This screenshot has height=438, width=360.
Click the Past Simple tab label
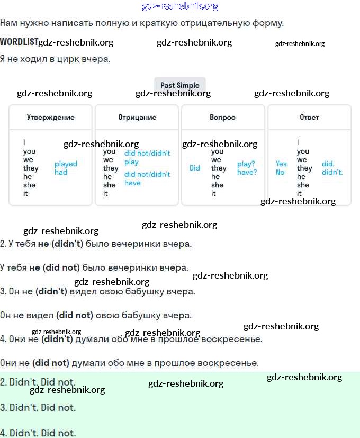tap(180, 85)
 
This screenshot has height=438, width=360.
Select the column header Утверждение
tap(51, 117)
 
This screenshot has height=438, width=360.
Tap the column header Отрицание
tap(137, 117)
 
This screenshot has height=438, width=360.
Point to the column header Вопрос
tap(222, 117)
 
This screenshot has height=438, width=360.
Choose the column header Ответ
tap(309, 117)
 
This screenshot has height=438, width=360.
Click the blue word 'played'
tap(66, 164)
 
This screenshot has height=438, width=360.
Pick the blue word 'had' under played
tap(61, 173)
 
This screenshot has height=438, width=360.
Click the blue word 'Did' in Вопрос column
tap(195, 168)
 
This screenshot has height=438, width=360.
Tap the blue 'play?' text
tap(246, 164)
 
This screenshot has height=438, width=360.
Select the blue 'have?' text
tap(247, 173)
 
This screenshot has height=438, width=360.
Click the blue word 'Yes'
tap(281, 164)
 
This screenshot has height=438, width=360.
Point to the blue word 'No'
tap(280, 173)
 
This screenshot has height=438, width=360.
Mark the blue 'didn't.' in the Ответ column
tap(332, 173)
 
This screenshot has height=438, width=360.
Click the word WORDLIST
tap(19, 42)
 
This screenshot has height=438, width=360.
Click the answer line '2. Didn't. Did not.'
tap(38, 382)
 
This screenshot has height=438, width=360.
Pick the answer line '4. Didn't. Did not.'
tap(38, 433)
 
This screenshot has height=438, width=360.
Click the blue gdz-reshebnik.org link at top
tap(180, 6)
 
